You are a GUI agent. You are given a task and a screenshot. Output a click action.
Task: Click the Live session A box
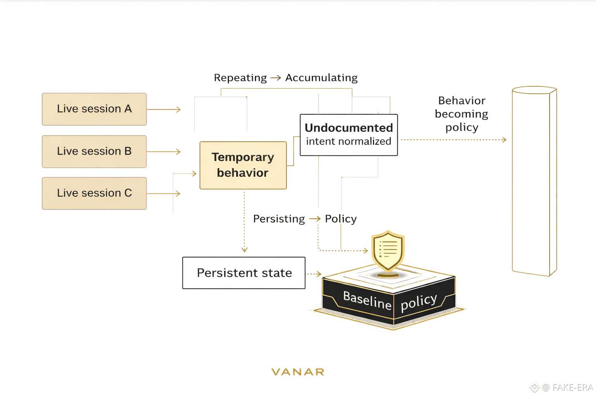(x=94, y=109)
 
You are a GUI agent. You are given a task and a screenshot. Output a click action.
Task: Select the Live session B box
(x=94, y=151)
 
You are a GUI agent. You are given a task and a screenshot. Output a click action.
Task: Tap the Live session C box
(x=94, y=193)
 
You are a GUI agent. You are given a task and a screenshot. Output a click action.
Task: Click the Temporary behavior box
(x=243, y=165)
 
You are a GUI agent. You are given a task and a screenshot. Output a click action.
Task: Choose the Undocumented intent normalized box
(x=348, y=135)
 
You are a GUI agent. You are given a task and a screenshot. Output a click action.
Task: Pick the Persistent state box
(x=244, y=273)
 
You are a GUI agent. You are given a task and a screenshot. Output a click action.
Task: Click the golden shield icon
(x=388, y=251)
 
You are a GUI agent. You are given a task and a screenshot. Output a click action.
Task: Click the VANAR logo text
(x=298, y=372)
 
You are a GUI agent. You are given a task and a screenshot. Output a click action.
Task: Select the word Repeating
(x=240, y=78)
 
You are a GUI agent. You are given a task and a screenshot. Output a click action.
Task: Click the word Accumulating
(x=321, y=78)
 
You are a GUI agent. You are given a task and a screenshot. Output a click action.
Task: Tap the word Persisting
(x=279, y=219)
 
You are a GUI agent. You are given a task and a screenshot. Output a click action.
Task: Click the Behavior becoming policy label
(x=461, y=114)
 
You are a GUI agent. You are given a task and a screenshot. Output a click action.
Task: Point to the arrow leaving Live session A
(x=163, y=110)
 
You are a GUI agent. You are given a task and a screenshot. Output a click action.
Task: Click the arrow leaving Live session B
(x=163, y=152)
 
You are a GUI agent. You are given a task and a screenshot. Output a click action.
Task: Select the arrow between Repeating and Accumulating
(x=275, y=78)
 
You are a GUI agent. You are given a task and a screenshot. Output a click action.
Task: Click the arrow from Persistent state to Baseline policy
(x=314, y=274)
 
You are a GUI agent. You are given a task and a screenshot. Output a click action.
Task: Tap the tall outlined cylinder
(x=534, y=181)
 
